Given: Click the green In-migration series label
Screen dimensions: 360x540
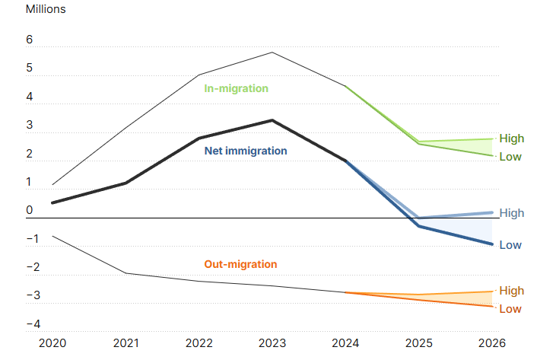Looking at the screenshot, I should point(236,88).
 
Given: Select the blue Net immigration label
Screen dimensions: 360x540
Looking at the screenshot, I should point(246,151).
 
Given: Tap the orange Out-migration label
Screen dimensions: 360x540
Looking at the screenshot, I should point(240,264).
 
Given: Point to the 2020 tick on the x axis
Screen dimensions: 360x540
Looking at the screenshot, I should point(52,344).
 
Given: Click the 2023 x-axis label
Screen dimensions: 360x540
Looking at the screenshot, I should point(272,344).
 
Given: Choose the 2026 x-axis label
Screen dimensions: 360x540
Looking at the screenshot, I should point(492,344).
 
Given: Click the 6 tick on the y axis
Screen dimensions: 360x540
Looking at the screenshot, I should point(30,40).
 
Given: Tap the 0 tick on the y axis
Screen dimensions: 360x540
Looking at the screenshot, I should point(30,210).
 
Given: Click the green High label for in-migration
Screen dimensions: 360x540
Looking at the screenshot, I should point(512,139).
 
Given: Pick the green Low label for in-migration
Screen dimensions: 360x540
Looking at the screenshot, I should point(510,157).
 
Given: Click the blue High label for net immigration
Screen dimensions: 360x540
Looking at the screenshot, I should point(512,213).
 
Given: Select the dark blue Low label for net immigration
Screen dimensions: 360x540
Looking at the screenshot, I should point(510,245).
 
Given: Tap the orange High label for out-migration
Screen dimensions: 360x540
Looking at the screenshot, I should point(512,291).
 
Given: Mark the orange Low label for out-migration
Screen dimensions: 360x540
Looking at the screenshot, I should point(510,309).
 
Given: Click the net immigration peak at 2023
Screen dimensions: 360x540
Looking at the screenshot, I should point(272,120).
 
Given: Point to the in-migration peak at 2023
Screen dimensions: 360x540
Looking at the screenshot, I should point(272,53).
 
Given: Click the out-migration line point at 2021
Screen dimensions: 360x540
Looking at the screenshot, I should point(125,272).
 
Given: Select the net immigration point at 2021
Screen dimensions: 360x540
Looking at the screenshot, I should point(125,183).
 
